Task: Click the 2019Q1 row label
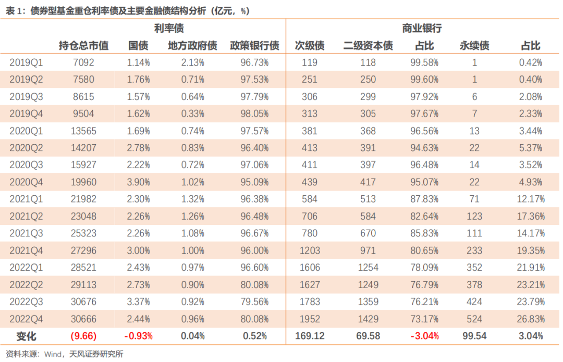pos(26,63)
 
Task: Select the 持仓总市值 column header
pos(83,45)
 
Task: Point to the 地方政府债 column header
pos(192,45)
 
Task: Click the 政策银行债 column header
pos(255,45)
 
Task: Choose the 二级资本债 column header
pos(368,45)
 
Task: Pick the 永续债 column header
pos(474,45)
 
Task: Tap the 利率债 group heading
pos(169,28)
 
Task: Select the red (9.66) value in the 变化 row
pos(83,336)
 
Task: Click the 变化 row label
pos(26,336)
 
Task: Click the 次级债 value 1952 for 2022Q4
pos(310,319)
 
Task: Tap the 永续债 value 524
pos(474,319)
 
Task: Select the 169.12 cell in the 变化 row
pos(310,336)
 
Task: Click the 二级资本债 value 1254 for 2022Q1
pos(368,268)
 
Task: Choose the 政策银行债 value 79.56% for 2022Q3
pos(255,302)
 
